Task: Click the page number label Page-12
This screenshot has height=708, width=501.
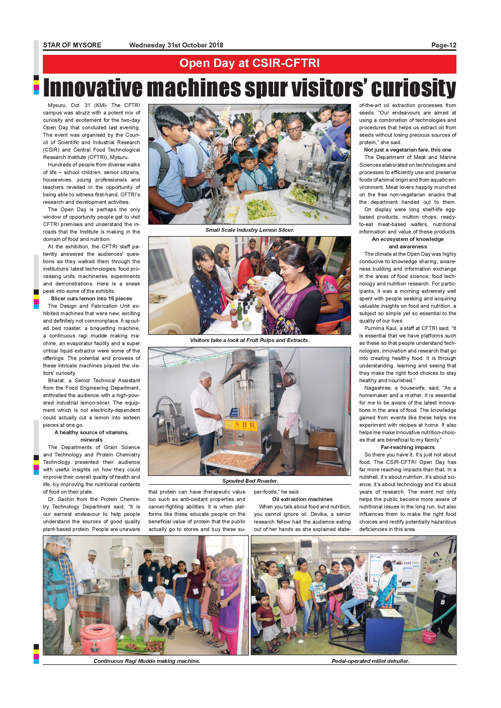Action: coord(443,45)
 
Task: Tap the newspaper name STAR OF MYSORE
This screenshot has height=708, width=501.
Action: coord(72,45)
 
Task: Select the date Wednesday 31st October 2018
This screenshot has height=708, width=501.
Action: coord(176,45)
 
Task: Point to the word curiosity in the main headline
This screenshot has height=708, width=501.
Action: coord(413,88)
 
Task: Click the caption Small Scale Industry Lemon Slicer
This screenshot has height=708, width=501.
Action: coord(250,230)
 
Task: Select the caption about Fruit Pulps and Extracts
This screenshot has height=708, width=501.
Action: coord(249,340)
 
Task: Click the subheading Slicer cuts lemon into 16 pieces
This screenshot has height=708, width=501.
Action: coord(91,299)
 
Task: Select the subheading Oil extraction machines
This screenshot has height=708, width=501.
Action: coord(302,499)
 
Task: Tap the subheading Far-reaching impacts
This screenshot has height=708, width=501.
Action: coord(408,447)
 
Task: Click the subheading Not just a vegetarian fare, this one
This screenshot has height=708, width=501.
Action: coord(408,150)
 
